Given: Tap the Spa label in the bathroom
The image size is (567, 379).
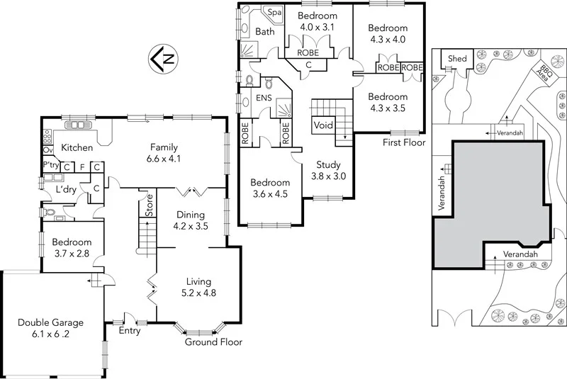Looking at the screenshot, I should pyautogui.click(x=272, y=13).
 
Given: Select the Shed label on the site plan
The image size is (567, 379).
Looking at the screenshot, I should pyautogui.click(x=457, y=58).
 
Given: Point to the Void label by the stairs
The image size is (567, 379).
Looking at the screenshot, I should pyautogui.click(x=323, y=125).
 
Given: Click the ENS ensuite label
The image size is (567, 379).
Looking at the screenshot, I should pyautogui.click(x=264, y=98).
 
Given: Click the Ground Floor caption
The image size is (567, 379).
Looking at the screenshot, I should pyautogui.click(x=213, y=342).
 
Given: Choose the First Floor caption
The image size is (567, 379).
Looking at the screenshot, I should pyautogui.click(x=403, y=142).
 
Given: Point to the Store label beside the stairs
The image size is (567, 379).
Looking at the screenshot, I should pyautogui.click(x=149, y=205).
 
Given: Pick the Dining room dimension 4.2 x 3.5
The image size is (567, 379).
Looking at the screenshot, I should pyautogui.click(x=189, y=227).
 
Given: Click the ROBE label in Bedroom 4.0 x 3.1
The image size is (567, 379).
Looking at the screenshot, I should pyautogui.click(x=307, y=52).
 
